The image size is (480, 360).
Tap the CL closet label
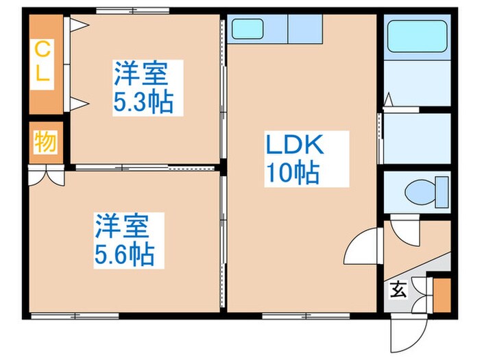pyautogui.click(x=43, y=62)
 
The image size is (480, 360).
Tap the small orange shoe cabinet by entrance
pyautogui.click(x=442, y=292)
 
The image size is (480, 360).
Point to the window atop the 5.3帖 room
pyautogui.click(x=132, y=11)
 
